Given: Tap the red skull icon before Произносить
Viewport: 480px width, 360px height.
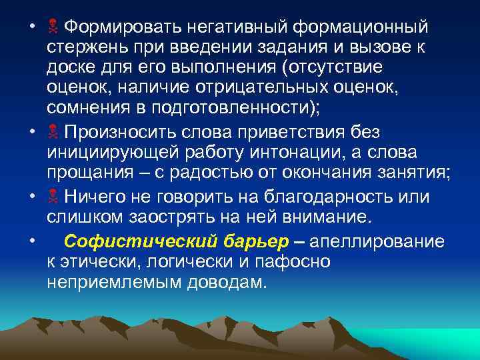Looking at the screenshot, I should coord(53,130).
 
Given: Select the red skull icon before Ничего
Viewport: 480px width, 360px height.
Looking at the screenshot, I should coord(53,197).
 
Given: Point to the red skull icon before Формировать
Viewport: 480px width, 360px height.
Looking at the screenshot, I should coord(53,29).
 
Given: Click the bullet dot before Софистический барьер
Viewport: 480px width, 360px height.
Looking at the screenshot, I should coord(32,240).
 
